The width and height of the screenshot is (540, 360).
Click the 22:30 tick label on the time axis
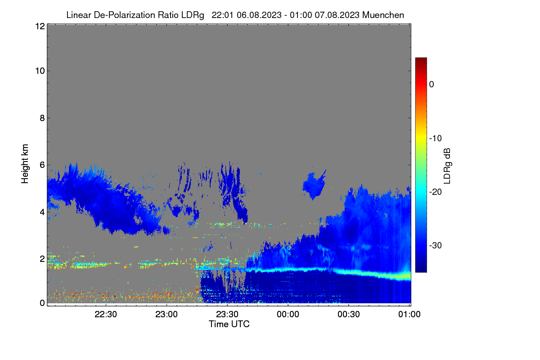pyautogui.click(x=106, y=315)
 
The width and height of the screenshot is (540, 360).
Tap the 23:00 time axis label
pyautogui.click(x=166, y=315)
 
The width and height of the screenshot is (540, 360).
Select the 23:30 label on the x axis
pyautogui.click(x=227, y=315)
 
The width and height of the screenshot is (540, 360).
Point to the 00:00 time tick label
pyautogui.click(x=288, y=315)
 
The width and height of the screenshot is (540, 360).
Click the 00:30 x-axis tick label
pyautogui.click(x=349, y=315)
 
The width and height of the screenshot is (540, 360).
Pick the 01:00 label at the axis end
pyautogui.click(x=409, y=315)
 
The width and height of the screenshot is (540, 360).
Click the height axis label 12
pyautogui.click(x=40, y=26)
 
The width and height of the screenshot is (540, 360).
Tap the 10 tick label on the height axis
pyautogui.click(x=40, y=71)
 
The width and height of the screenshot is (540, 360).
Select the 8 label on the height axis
pyautogui.click(x=42, y=118)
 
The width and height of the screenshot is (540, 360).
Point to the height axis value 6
pyautogui.click(x=42, y=165)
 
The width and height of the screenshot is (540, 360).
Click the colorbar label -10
pyautogui.click(x=436, y=139)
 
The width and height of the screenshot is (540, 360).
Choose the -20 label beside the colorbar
pyautogui.click(x=436, y=192)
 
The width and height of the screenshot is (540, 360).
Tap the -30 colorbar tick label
pyautogui.click(x=436, y=245)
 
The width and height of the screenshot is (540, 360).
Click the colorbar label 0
pyautogui.click(x=432, y=85)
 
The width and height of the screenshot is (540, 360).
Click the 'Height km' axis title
pyautogui.click(x=25, y=164)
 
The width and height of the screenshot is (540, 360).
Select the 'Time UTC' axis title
pyautogui.click(x=229, y=324)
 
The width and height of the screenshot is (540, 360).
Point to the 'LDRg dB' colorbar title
pyautogui.click(x=447, y=166)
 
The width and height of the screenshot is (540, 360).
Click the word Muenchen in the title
pyautogui.click(x=383, y=15)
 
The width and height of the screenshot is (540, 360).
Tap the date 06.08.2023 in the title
pyautogui.click(x=259, y=15)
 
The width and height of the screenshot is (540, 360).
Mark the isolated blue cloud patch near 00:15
pyautogui.click(x=314, y=185)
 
